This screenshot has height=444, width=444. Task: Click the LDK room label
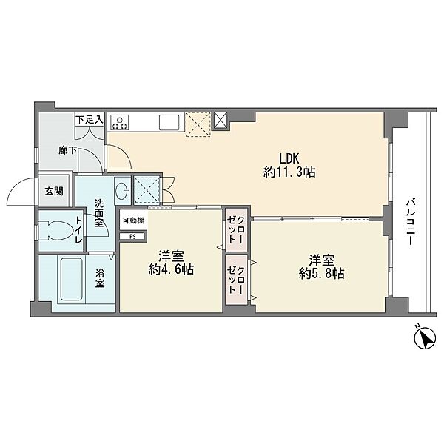click(289, 158)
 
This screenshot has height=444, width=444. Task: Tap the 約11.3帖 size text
click(289, 172)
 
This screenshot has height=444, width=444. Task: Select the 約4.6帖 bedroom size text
click(171, 269)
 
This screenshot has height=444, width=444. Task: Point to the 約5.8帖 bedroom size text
click(322, 274)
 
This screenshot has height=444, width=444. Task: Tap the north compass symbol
click(425, 337)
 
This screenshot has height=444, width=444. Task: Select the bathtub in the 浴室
click(72, 280)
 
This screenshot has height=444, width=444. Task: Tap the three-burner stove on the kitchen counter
click(119, 123)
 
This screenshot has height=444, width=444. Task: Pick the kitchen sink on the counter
click(169, 122)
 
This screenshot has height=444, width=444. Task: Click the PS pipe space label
click(132, 237)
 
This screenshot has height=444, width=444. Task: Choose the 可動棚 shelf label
click(133, 221)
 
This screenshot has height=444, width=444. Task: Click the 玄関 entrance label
click(54, 192)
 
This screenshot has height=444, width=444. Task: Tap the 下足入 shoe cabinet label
click(90, 120)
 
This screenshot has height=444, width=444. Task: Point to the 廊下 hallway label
click(67, 150)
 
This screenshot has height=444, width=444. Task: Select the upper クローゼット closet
click(237, 229)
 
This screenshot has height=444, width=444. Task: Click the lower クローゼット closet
click(237, 280)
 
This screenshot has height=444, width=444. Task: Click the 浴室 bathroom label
click(100, 279)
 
